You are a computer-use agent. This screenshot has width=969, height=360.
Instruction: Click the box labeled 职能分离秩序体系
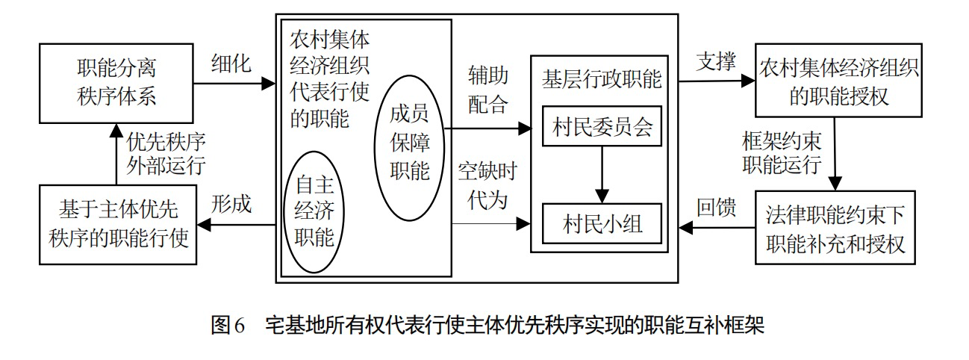tap(118, 83)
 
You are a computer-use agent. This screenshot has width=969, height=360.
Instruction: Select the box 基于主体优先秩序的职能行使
tap(118, 224)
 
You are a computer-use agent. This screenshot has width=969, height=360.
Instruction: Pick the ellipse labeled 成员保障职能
tap(410, 146)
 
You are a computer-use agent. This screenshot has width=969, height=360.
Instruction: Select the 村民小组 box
tap(602, 223)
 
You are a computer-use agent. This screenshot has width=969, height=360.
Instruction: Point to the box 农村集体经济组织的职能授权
tap(839, 84)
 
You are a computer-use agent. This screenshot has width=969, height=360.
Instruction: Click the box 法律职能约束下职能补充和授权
tap(839, 228)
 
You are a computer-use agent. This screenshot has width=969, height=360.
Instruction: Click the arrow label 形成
tap(231, 204)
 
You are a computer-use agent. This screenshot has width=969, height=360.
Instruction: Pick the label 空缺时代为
tap(488, 187)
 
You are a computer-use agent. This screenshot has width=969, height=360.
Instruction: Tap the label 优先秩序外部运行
tap(166, 153)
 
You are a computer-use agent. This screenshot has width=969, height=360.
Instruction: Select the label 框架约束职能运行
tap(781, 153)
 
